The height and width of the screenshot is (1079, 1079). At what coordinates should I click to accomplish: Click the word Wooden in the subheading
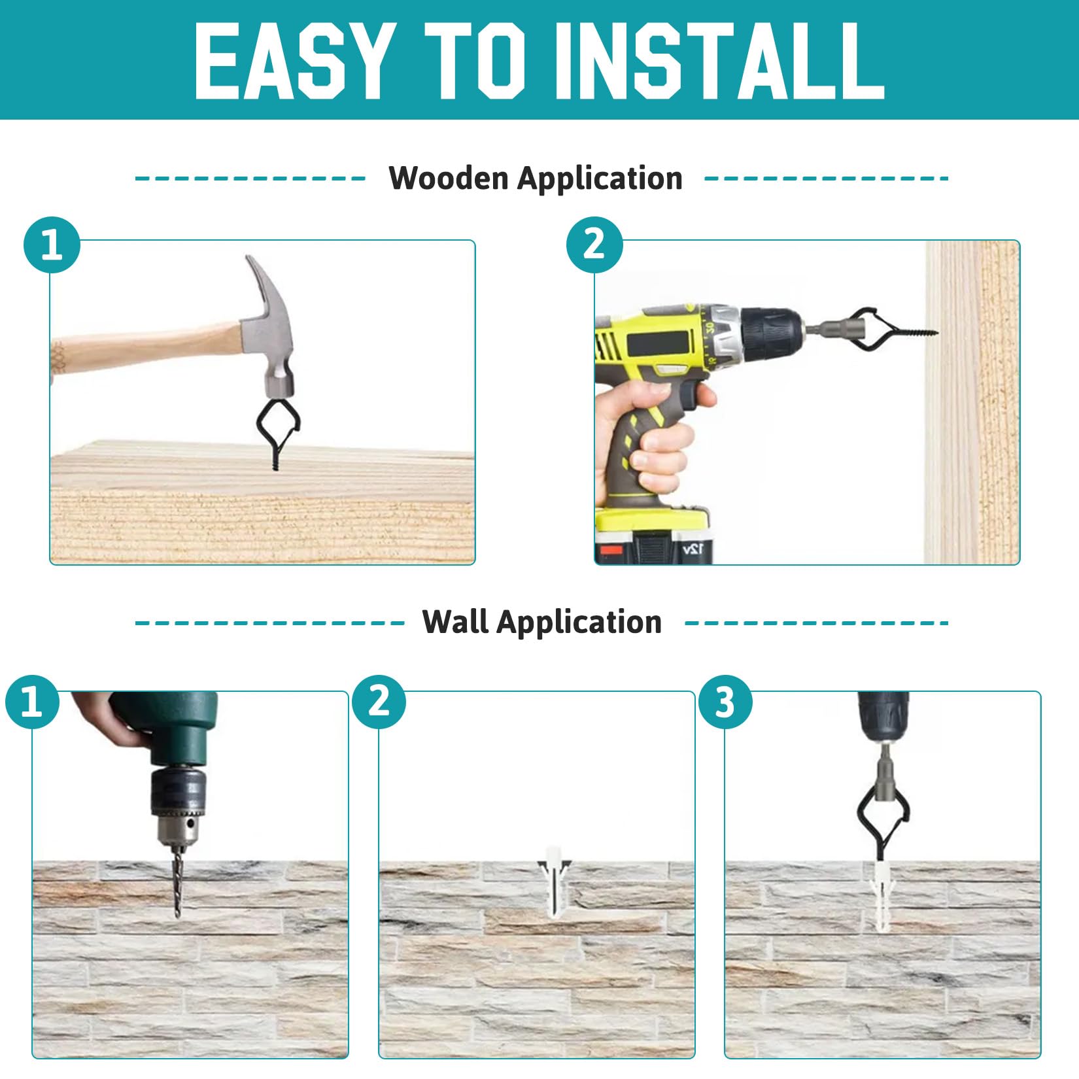[449, 178]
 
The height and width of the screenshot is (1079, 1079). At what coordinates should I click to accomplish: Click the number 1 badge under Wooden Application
[52, 245]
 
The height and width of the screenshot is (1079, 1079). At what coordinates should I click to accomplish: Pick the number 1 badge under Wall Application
[32, 702]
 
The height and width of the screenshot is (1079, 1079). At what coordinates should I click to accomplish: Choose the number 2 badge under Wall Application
[379, 702]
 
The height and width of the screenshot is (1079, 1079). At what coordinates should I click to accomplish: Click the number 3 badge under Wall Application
[725, 702]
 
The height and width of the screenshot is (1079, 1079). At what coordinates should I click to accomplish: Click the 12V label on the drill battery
[693, 548]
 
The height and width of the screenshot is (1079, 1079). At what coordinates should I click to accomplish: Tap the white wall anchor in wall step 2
[555, 879]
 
